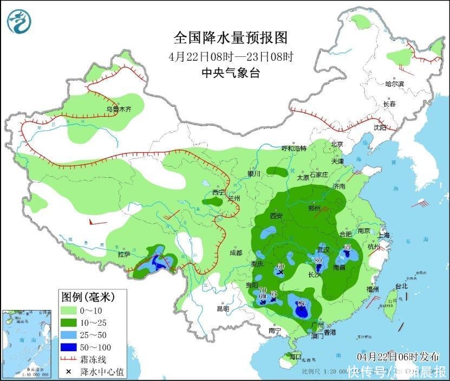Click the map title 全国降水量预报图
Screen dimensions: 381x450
point(230,38)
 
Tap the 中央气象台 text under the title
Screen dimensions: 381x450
point(230,73)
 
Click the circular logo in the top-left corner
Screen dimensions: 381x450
point(19,21)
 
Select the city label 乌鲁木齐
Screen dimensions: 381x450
point(119,109)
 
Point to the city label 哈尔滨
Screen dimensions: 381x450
point(395,84)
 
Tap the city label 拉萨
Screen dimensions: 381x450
point(124,254)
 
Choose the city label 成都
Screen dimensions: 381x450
point(236,252)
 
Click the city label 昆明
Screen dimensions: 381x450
point(223,308)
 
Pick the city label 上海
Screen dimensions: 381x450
point(384,235)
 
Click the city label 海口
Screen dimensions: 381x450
point(295,357)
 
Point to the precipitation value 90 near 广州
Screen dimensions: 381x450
point(301,303)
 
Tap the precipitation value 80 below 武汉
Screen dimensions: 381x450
point(318,261)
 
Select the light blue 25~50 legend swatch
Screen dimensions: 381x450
point(69,334)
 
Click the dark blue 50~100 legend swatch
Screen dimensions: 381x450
point(69,346)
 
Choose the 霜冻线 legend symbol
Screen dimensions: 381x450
point(69,359)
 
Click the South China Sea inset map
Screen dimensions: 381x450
point(27,344)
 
